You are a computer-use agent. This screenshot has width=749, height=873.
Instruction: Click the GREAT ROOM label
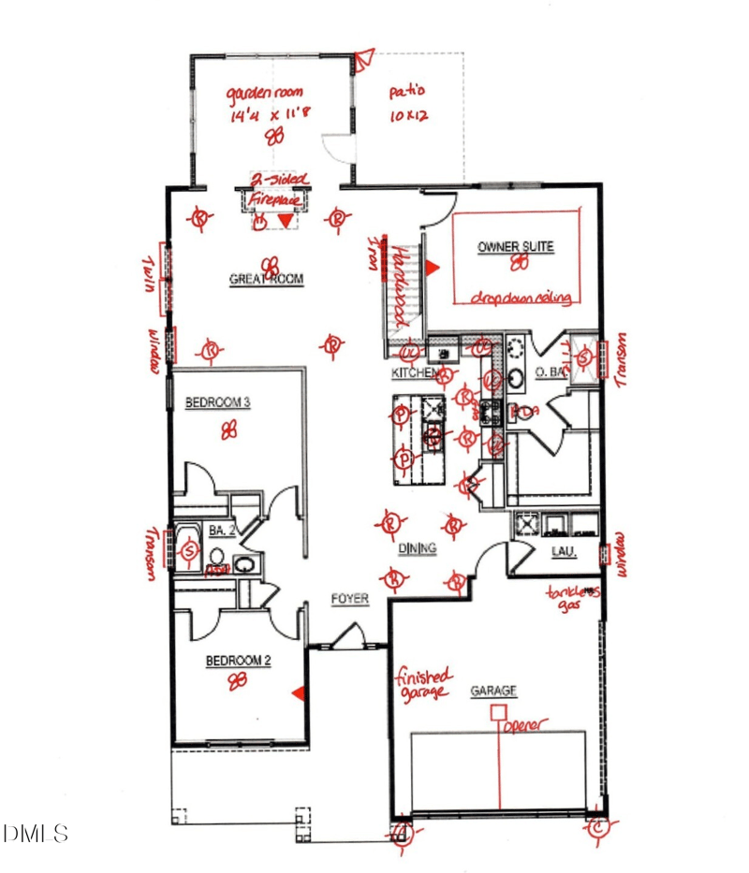click(x=266, y=279)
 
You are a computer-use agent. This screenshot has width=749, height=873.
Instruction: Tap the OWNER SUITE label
click(x=515, y=247)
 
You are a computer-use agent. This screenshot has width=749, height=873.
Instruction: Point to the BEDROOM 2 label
click(x=239, y=661)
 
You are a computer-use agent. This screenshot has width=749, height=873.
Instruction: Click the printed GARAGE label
click(x=492, y=691)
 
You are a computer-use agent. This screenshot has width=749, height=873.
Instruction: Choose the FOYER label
click(x=349, y=599)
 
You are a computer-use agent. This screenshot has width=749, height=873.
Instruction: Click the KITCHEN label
click(x=413, y=373)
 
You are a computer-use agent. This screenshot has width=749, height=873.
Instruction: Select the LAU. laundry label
click(x=562, y=552)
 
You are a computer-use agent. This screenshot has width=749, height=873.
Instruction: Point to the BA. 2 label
click(x=222, y=531)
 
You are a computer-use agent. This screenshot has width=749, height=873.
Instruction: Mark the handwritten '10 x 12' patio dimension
click(x=408, y=118)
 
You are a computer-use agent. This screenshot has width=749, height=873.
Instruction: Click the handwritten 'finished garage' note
click(x=423, y=683)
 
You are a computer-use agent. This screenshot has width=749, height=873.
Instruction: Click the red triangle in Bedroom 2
click(x=298, y=692)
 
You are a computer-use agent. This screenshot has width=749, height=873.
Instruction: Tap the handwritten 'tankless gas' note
click(x=573, y=600)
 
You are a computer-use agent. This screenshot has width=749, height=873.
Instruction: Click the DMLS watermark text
click(x=37, y=833)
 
